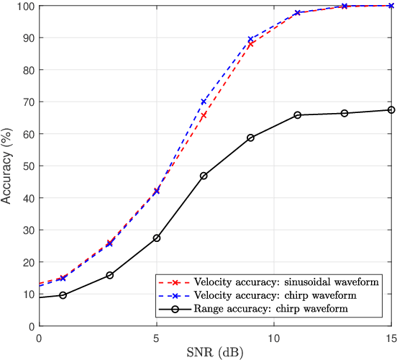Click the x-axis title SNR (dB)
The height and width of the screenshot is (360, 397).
pos(215,352)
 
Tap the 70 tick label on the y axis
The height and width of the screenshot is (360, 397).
pos(27,102)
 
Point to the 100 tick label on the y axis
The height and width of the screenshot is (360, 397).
pos(24,6)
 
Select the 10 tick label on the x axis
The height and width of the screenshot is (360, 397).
pos(274,337)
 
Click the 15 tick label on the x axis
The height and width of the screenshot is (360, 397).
pos(391,337)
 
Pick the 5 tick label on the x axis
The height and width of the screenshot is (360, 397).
pos(157,337)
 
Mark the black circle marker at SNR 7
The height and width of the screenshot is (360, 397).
pos(204,176)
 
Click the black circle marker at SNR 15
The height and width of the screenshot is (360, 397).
pos(391,110)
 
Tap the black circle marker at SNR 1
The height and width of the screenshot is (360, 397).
pos(63,295)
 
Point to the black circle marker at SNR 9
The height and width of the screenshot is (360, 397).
pos(250,138)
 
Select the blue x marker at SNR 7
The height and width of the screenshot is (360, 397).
pos(204,102)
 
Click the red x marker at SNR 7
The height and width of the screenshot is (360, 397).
pos(204,115)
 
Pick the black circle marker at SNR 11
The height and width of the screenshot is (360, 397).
pos(297,115)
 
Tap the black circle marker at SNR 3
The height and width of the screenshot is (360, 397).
pos(109,275)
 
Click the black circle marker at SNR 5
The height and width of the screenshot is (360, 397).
pos(157,238)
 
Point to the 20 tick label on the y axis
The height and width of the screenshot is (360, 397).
pos(27,261)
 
